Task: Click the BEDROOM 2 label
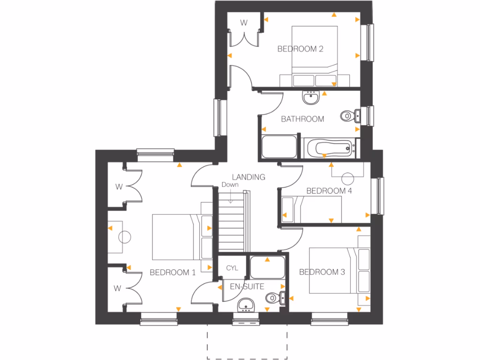[300, 49]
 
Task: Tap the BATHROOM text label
[302, 119]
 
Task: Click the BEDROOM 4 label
[329, 191]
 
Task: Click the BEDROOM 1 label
[172, 272]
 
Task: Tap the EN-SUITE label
[247, 286]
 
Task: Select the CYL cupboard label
[232, 268]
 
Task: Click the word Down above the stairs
[230, 185]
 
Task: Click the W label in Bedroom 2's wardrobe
[244, 22]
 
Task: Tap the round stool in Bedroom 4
[347, 179]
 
